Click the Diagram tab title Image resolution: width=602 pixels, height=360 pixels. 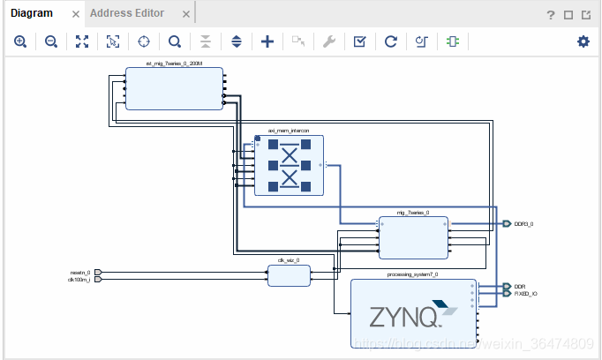tap(32, 13)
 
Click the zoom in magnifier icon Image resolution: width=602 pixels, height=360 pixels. tap(20, 41)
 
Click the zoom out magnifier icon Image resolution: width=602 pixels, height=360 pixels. tap(51, 41)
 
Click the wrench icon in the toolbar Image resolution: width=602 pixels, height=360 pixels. tap(329, 41)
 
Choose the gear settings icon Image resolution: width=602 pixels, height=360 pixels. tap(583, 41)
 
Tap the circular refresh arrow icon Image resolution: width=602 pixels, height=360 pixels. tap(390, 41)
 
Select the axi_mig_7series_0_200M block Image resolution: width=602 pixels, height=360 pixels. tap(174, 88)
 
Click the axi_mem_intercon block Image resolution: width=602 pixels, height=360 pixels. tap(289, 165)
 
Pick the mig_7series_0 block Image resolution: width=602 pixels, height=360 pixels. tap(412, 237)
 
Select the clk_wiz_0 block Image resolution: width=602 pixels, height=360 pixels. tap(289, 275)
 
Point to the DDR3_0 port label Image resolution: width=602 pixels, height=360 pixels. tap(524, 224)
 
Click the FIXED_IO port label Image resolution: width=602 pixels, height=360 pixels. tap(527, 294)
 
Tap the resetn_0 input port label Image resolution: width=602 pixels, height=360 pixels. tap(80, 272)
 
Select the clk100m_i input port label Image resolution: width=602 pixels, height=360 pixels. tap(79, 280)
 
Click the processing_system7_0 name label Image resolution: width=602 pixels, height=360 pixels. tap(412, 274)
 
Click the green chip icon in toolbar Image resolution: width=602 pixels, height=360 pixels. tap(452, 41)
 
